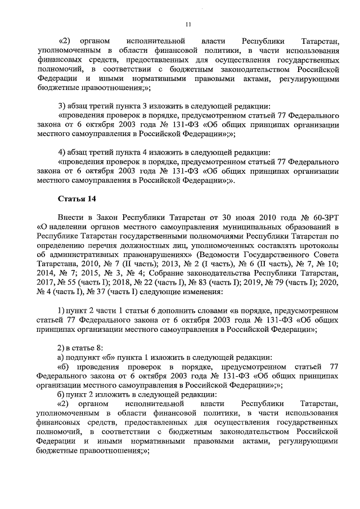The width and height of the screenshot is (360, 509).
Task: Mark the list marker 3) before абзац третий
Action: coord(62,106)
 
